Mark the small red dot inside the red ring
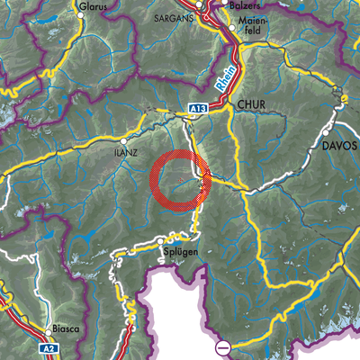181,180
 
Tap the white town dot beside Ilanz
123,141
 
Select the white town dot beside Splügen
162,241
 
